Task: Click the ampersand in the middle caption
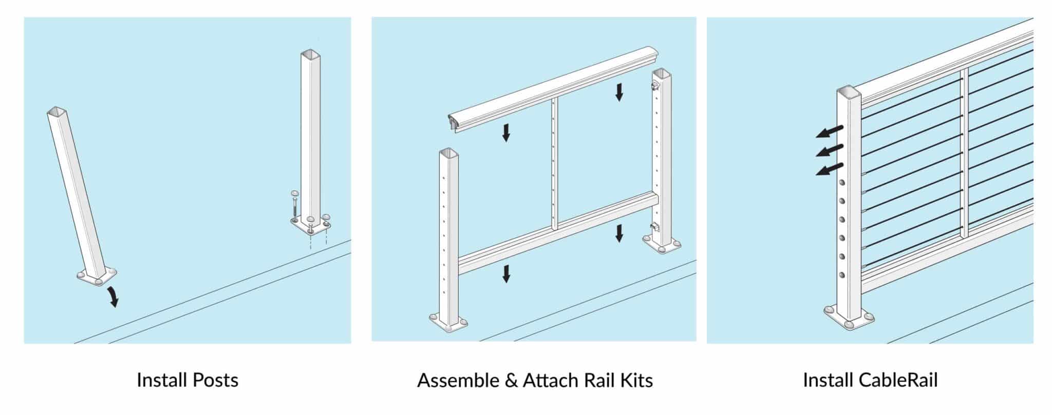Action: (511, 381)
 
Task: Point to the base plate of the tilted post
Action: (97, 276)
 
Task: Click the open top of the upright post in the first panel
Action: (310, 54)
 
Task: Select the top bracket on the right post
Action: (655, 85)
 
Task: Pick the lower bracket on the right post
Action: (654, 226)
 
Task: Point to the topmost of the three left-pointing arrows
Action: (830, 132)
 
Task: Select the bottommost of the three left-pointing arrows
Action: (830, 169)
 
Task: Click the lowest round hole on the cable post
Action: (842, 275)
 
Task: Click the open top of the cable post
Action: (848, 93)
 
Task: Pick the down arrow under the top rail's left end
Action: (506, 132)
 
